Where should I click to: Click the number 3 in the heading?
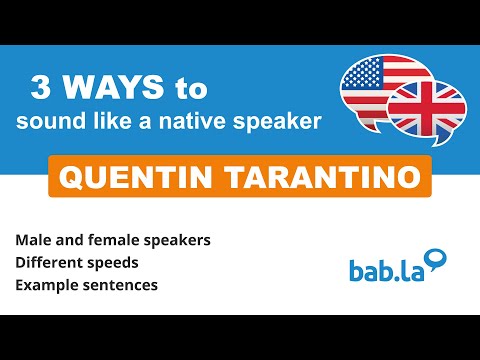(x=42, y=88)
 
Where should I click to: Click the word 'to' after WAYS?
(x=190, y=88)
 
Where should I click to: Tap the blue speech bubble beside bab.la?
(x=435, y=260)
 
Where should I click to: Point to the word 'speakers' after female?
(x=176, y=241)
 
